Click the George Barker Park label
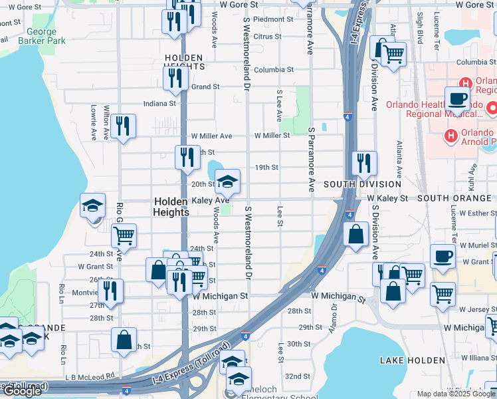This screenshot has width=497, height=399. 47,36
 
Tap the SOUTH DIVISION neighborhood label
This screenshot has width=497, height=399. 363,184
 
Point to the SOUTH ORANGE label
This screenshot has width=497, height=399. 456,199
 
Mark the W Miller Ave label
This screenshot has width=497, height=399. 211,136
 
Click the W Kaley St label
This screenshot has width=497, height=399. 386,199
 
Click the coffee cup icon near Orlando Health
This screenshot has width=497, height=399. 456,98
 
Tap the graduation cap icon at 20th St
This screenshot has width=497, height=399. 227,181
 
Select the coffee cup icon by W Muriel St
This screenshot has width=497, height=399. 442,256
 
